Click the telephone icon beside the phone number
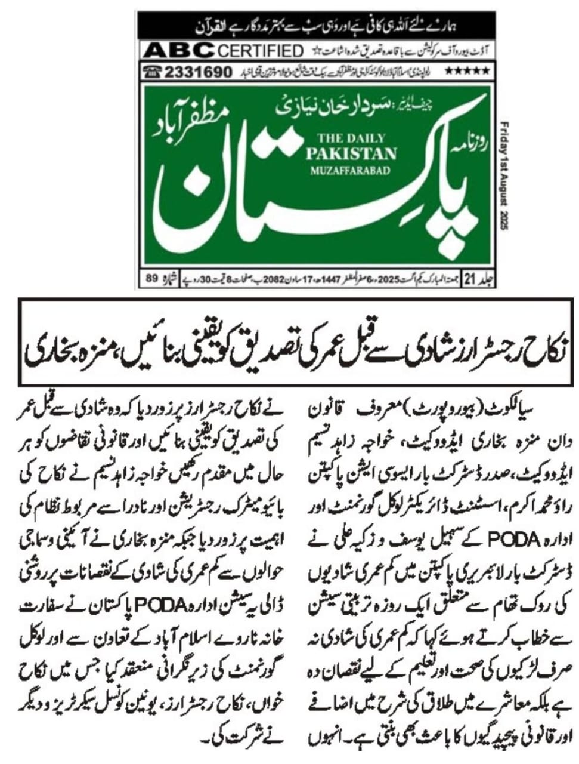point(151,72)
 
